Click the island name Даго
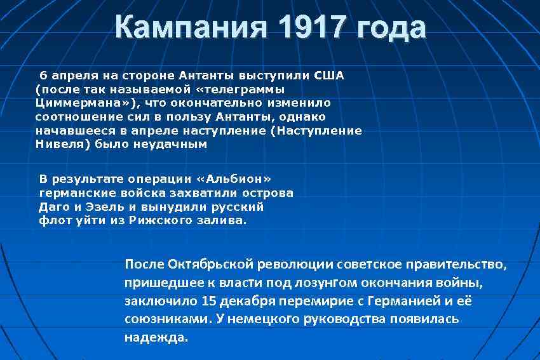53,206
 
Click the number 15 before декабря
208,300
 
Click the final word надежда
156,337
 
